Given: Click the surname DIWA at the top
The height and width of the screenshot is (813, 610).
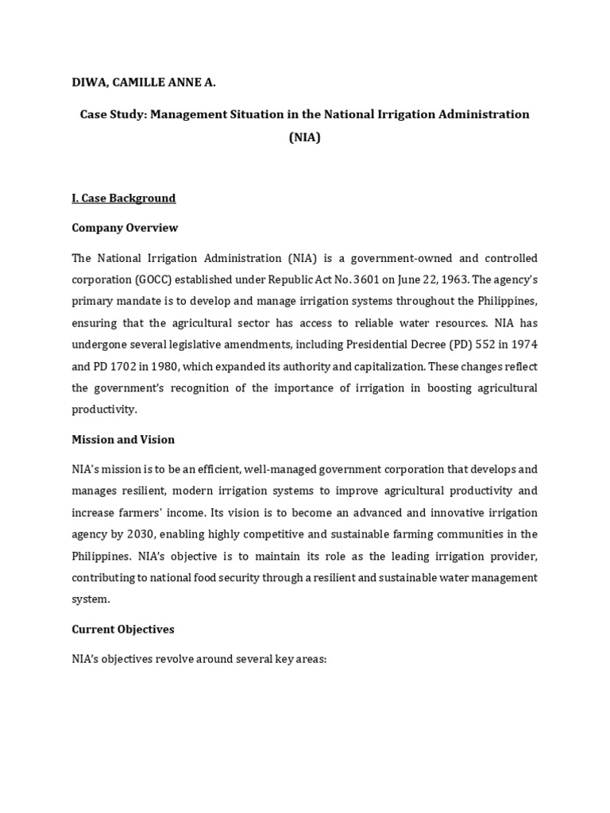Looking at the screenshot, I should pyautogui.click(x=89, y=82).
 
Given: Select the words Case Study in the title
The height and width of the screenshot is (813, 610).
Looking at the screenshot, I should pyautogui.click(x=112, y=114).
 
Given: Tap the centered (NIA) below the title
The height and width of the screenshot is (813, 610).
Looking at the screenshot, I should pyautogui.click(x=304, y=137).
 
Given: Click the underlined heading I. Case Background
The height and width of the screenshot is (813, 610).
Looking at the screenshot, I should pyautogui.click(x=123, y=198).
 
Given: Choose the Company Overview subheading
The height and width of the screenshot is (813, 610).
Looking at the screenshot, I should pyautogui.click(x=125, y=228).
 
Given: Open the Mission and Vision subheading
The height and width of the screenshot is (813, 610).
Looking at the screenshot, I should pyautogui.click(x=123, y=440).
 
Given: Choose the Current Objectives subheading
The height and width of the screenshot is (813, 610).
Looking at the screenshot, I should pyautogui.click(x=123, y=630).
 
